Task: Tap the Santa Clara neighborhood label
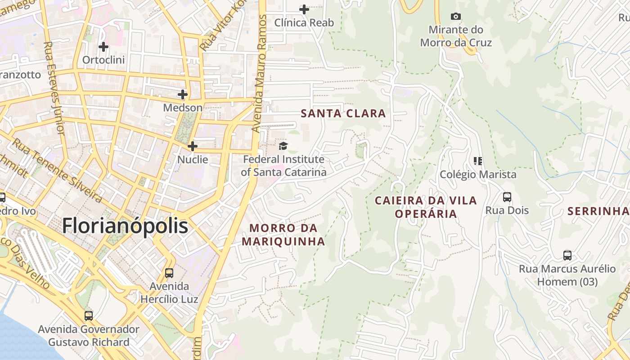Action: pyautogui.click(x=343, y=113)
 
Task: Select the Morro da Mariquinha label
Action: pyautogui.click(x=283, y=234)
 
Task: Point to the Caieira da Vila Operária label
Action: pyautogui.click(x=426, y=207)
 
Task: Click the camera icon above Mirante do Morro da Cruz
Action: pyautogui.click(x=456, y=17)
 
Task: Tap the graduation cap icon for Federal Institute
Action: pyautogui.click(x=283, y=146)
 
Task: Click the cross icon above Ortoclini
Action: pyautogui.click(x=103, y=46)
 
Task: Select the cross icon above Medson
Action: pyautogui.click(x=183, y=94)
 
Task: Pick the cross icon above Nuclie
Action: pyautogui.click(x=193, y=146)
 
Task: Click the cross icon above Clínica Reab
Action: pyautogui.click(x=304, y=9)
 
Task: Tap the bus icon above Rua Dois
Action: pyautogui.click(x=507, y=197)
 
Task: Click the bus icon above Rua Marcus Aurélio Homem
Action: pyautogui.click(x=567, y=256)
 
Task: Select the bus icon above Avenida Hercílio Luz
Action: pyautogui.click(x=169, y=273)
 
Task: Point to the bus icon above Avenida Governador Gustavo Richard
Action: pyautogui.click(x=89, y=316)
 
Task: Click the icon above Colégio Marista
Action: pyautogui.click(x=478, y=161)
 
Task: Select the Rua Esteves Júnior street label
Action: pyautogui.click(x=54, y=88)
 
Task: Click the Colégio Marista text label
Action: pyautogui.click(x=478, y=174)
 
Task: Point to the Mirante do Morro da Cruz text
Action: pyautogui.click(x=456, y=36)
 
